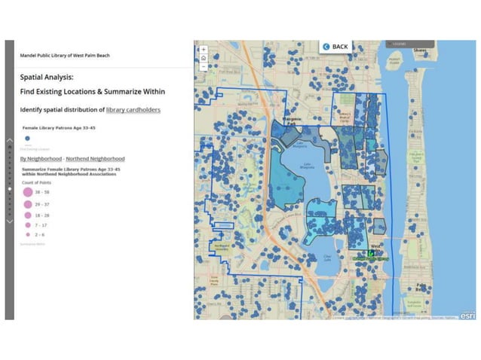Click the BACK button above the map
336,47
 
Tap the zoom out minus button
203,66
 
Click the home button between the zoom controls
203,58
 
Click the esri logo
467,315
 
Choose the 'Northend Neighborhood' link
96,159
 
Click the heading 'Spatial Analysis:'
47,76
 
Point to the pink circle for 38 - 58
28,193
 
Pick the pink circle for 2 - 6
28,235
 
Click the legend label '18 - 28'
42,215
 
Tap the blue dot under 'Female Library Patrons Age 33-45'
27,139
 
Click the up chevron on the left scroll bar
9,141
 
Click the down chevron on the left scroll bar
9,221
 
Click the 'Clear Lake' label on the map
327,258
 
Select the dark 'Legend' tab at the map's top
398,44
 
